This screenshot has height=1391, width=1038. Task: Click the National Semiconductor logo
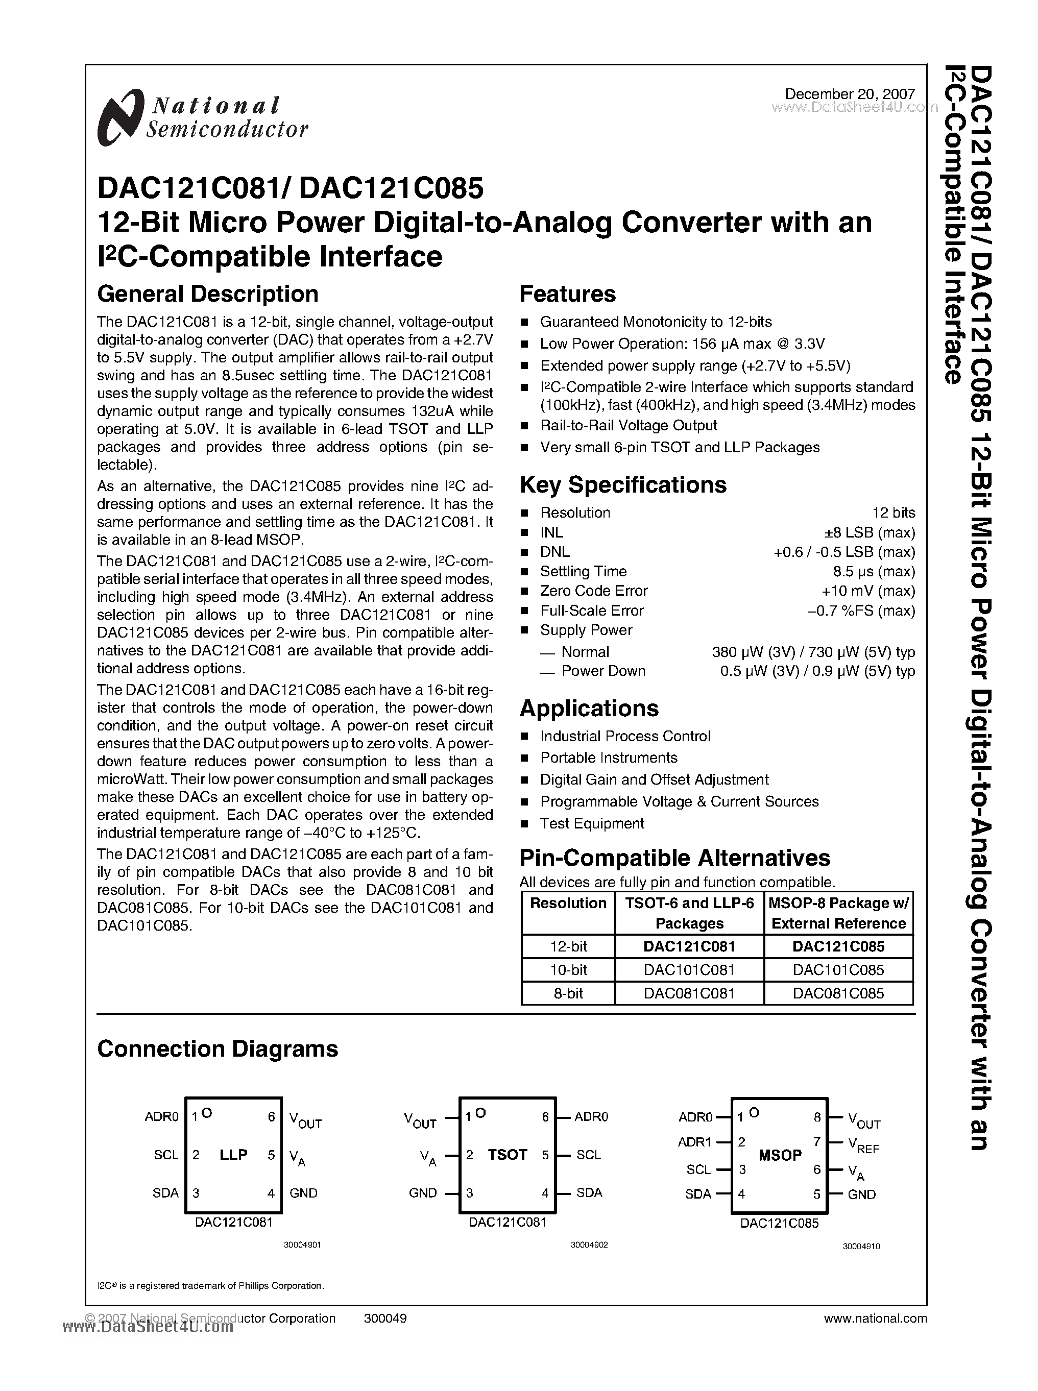pos(202,117)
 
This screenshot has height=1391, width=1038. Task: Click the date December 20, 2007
pos(850,93)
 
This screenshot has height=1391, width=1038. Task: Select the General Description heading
pos(207,294)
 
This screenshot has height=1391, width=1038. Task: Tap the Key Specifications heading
pos(623,484)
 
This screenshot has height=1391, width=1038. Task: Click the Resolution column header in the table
pos(568,903)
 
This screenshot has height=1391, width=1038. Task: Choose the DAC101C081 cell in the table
pos(689,969)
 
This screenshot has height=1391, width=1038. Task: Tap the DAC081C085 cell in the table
pos(838,993)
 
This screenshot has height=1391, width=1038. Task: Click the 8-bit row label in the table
pos(568,993)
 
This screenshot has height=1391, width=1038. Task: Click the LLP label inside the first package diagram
pos(233,1155)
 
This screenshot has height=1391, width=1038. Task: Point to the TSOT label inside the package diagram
pos(507,1155)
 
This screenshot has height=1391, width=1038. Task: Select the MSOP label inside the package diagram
pos(780,1155)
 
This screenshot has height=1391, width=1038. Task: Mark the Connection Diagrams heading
pos(218,1048)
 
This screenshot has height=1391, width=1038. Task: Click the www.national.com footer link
pos(875,1318)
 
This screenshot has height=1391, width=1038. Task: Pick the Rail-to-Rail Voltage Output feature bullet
pos(629,425)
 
